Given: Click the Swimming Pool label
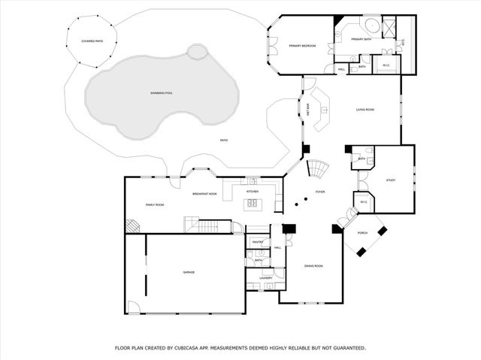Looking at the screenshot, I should (x=162, y=92).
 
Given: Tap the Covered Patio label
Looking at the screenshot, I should (x=92, y=41).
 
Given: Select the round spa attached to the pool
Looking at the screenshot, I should (x=197, y=52).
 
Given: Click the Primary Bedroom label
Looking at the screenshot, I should (x=302, y=46).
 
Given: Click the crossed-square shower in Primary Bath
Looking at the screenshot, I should (x=391, y=29).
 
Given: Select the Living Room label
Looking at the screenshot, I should (x=365, y=110).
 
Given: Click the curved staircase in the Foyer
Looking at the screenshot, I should (x=320, y=169).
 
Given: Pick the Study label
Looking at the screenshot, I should (x=391, y=180).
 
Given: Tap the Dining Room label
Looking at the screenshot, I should (x=313, y=266).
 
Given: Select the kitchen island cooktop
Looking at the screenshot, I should (x=253, y=202).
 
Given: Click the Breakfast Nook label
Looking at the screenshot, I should (x=204, y=194).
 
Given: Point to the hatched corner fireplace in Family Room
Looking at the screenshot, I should (x=132, y=225).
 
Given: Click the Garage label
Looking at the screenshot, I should (x=189, y=272).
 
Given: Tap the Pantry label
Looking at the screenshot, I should (x=257, y=242).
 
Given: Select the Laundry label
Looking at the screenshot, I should (x=265, y=278).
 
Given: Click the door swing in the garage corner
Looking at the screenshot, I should (x=133, y=307).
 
